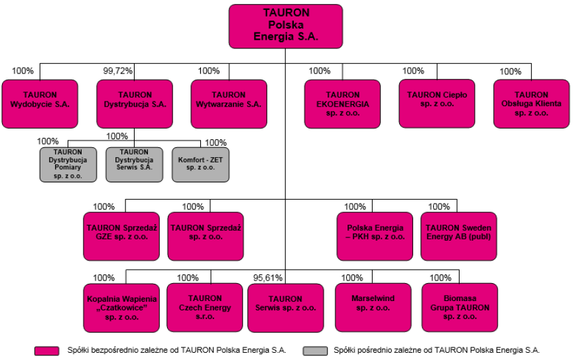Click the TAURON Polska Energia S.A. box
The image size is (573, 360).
[x=286, y=27]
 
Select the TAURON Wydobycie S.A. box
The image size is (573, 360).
[x=40, y=104]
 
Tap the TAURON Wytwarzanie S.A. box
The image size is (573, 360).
[x=229, y=104]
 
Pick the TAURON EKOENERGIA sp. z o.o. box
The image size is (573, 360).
[x=342, y=104]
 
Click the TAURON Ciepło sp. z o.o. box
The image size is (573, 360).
[x=437, y=104]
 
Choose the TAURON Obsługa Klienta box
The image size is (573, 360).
[x=531, y=104]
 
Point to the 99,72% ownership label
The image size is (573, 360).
[x=117, y=71]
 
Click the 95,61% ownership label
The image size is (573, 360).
[x=268, y=278]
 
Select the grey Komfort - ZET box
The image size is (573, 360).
[x=201, y=164]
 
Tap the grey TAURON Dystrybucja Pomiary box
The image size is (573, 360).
[x=68, y=164]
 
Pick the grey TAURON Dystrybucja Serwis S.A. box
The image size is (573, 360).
[x=135, y=164]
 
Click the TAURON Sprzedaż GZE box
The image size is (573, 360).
[x=121, y=237]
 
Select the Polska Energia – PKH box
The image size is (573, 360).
[x=375, y=237]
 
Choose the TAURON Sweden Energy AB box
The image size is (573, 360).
[x=459, y=237]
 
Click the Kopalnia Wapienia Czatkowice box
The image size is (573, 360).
[x=121, y=308]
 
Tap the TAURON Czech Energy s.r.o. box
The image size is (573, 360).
[x=205, y=308]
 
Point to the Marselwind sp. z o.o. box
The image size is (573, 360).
[x=373, y=308]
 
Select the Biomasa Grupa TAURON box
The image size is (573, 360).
[x=460, y=308]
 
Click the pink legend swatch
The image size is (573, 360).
[x=47, y=351]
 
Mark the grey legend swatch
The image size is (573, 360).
[x=315, y=351]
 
